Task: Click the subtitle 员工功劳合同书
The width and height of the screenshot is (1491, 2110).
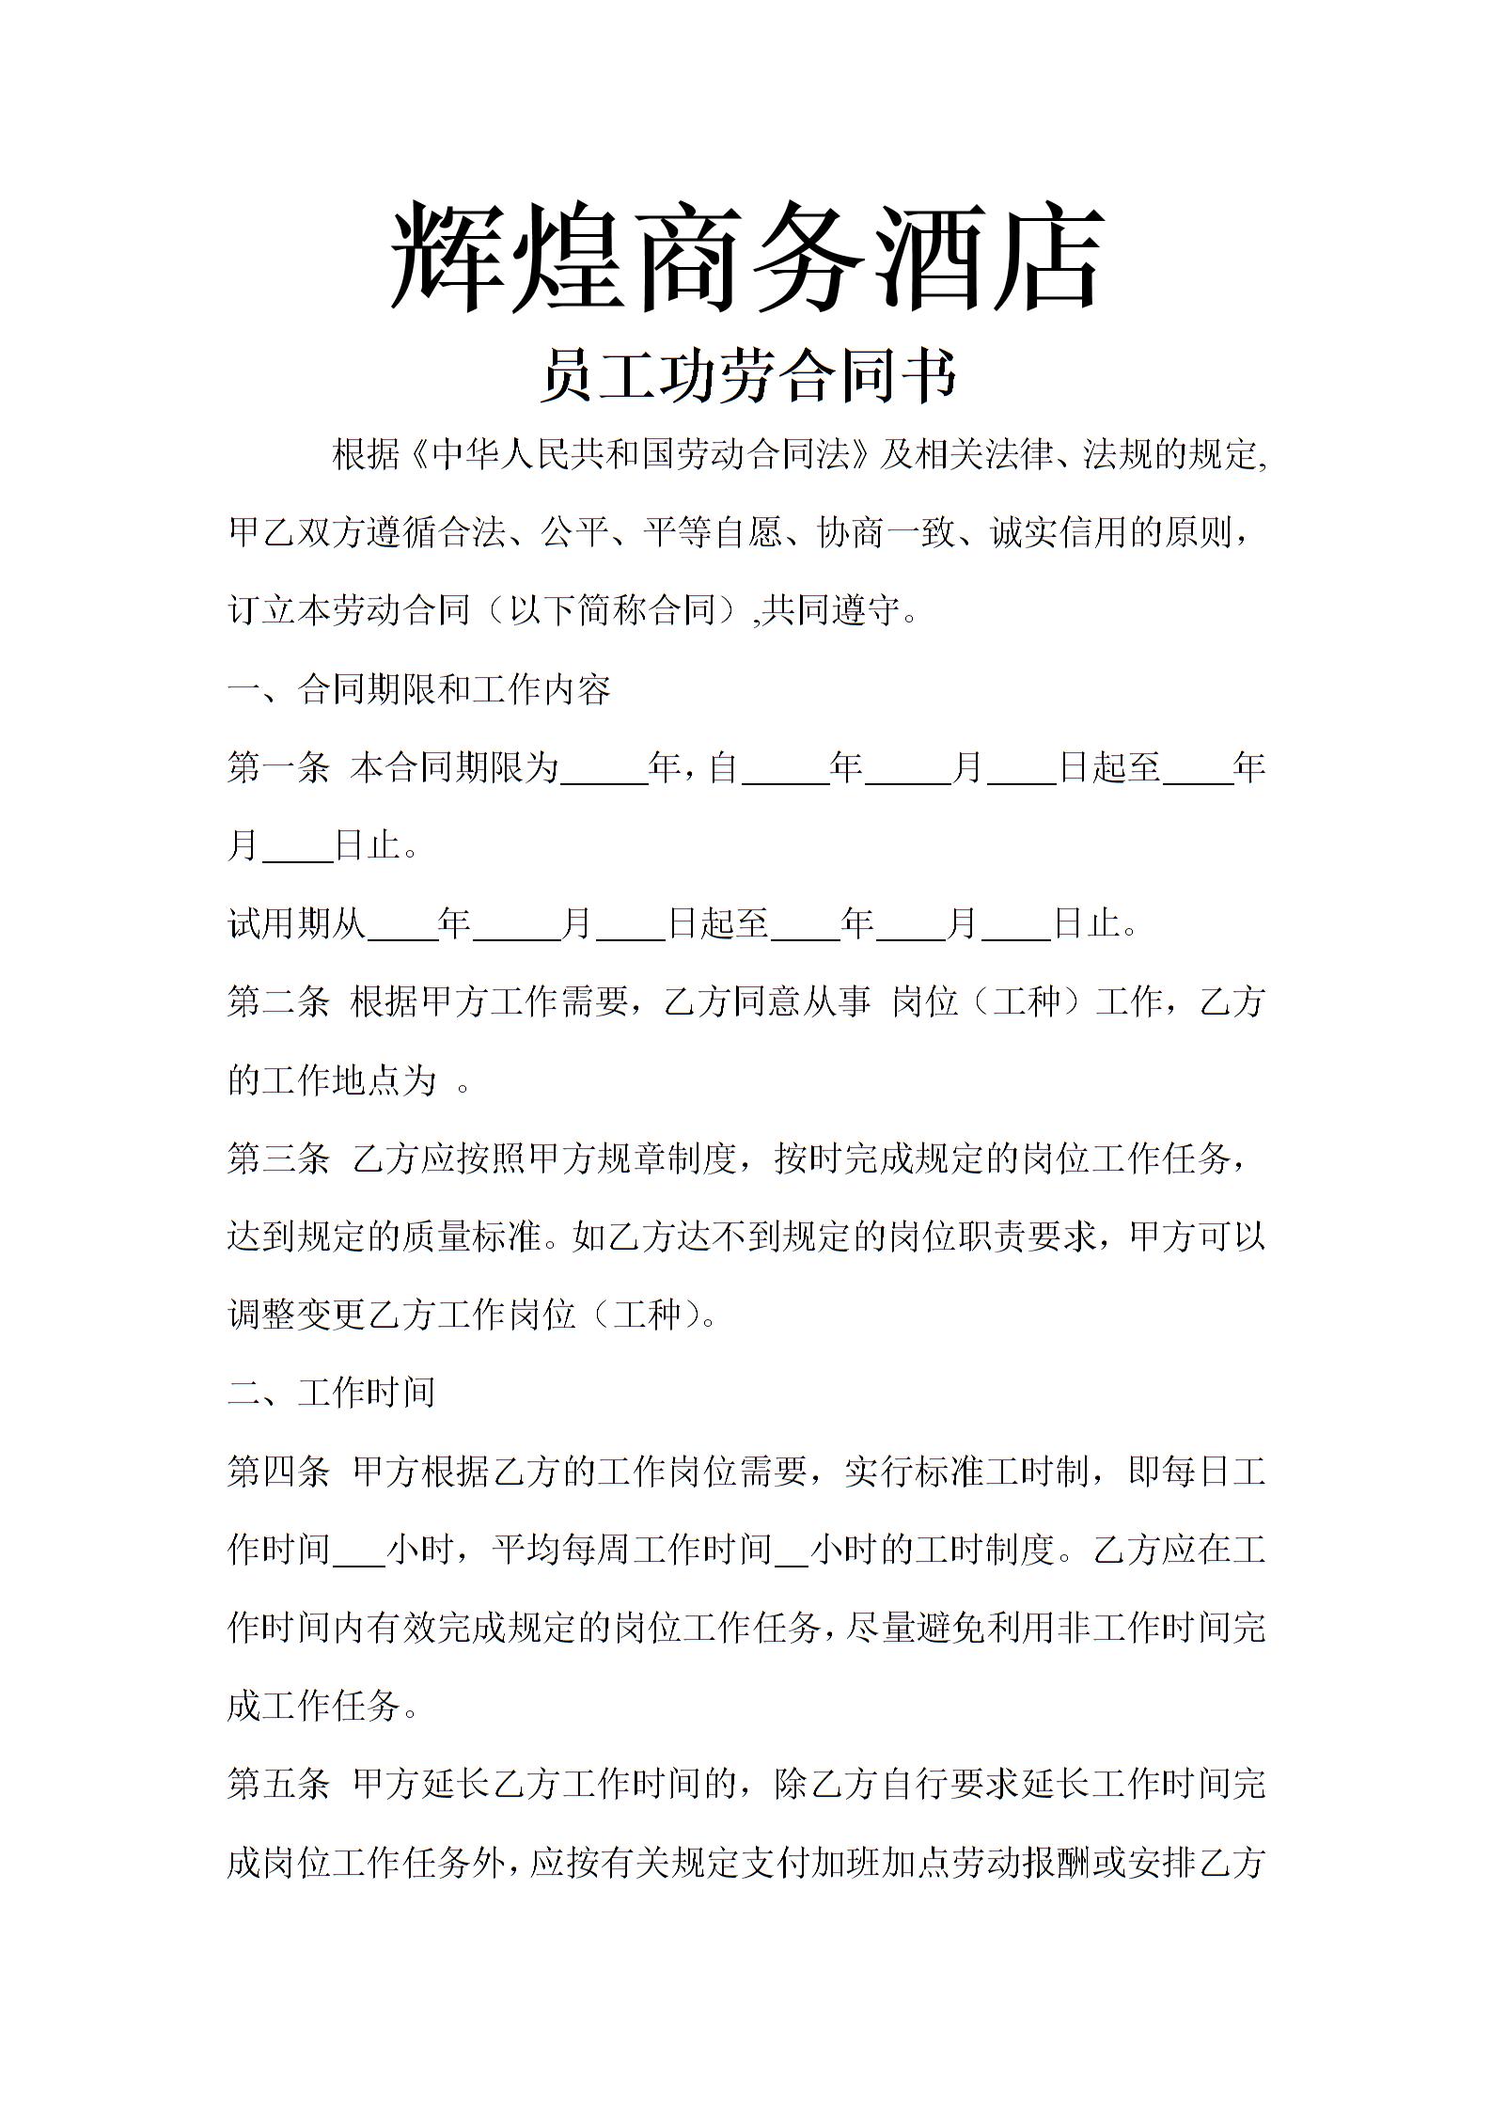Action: click(747, 376)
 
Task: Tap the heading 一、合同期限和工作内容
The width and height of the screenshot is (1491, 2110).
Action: click(419, 689)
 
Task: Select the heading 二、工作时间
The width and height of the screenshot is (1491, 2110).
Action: click(331, 1393)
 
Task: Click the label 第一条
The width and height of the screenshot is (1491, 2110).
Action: click(278, 767)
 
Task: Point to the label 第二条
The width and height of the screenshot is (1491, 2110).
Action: click(278, 1001)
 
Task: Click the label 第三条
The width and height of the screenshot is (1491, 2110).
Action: click(278, 1158)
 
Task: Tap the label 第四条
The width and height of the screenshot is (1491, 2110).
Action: click(278, 1471)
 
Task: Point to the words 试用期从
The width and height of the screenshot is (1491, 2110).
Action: click(296, 923)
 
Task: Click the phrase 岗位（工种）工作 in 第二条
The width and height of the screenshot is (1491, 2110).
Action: click(1028, 1001)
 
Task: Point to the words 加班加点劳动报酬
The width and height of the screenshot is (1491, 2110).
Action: click(950, 1862)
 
